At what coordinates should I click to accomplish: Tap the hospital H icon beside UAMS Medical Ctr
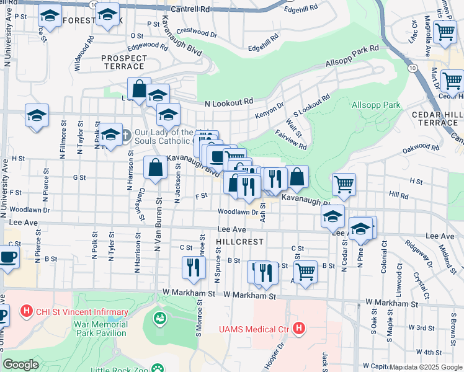pos(299,327)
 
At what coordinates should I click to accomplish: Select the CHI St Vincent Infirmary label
pos(81,312)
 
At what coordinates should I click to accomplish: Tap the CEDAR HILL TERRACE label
pos(436,118)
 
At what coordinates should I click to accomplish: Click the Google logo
pos(20,364)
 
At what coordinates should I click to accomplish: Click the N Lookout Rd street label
pos(229,102)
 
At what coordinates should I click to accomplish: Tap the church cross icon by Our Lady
pos(125,134)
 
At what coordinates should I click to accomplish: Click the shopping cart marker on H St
pos(344,184)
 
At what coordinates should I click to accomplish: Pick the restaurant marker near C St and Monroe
pos(194,267)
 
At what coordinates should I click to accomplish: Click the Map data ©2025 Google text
pos(425,367)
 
